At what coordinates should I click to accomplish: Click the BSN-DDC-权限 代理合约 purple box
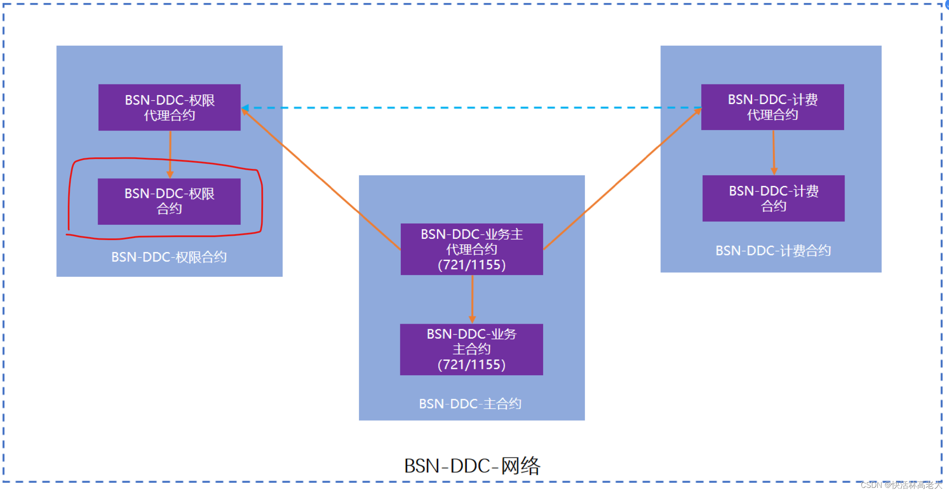click(x=169, y=107)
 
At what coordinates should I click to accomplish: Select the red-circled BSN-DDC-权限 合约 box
click(x=169, y=201)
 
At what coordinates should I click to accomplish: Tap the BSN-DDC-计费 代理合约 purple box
click(x=772, y=107)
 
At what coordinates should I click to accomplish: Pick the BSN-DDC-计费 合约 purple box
click(x=773, y=198)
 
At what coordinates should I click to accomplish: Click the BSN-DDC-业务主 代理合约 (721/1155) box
click(x=472, y=249)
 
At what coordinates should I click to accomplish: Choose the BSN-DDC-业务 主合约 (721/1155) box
click(x=472, y=349)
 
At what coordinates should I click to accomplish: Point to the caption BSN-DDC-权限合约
click(x=169, y=257)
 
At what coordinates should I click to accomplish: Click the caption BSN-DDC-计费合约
click(x=773, y=251)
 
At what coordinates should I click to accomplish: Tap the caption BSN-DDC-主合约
click(x=470, y=403)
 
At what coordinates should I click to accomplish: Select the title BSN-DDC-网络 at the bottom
click(x=472, y=466)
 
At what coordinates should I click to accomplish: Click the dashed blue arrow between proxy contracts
click(x=469, y=108)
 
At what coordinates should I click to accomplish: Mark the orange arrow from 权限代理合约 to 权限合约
click(x=170, y=154)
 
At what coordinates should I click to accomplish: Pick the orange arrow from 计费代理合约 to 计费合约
click(x=774, y=151)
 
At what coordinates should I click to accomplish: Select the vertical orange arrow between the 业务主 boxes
click(x=472, y=299)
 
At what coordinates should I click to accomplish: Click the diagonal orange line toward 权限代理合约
click(x=320, y=178)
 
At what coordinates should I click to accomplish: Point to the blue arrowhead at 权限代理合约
click(x=245, y=108)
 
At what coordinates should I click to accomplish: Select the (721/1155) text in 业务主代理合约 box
click(x=472, y=265)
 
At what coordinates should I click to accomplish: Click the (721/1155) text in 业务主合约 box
click(x=472, y=365)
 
